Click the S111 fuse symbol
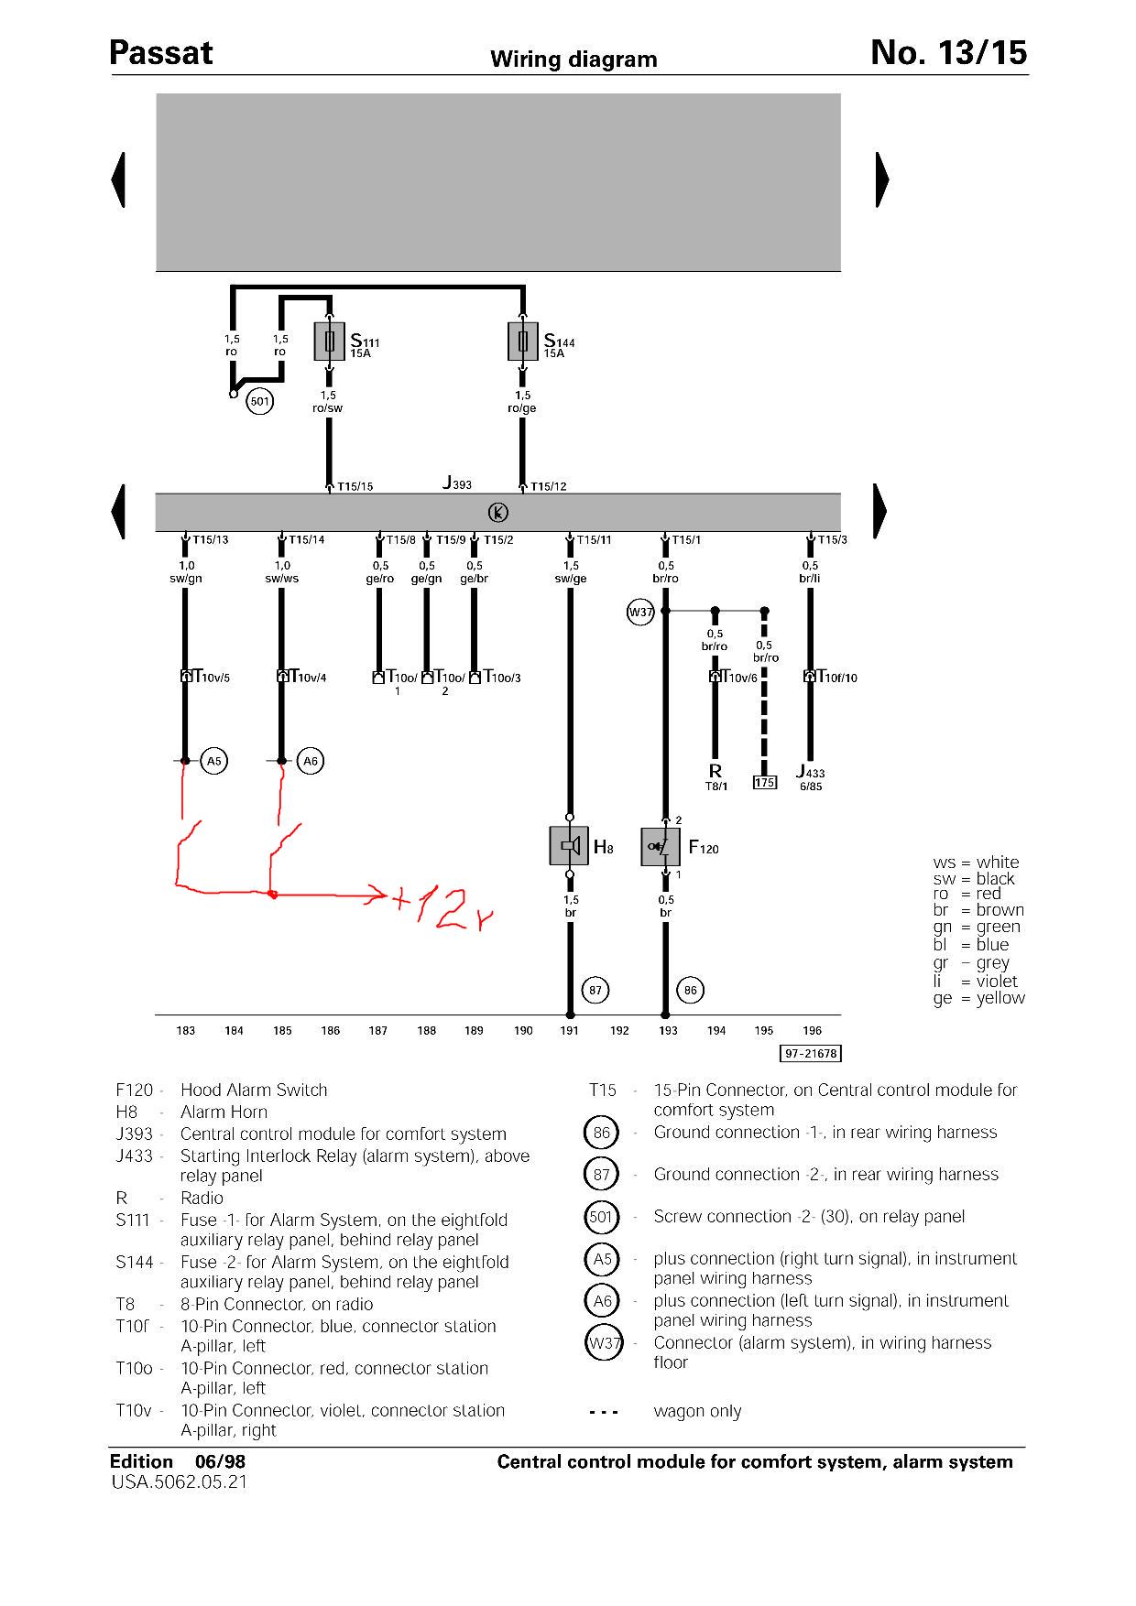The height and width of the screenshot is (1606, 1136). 329,342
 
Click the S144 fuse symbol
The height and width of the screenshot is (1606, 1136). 523,342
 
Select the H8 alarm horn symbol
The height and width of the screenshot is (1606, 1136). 569,846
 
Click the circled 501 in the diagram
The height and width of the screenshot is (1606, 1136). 260,401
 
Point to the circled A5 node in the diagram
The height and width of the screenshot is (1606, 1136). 213,761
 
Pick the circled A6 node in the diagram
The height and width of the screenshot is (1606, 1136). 311,761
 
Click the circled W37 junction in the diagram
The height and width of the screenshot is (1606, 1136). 640,612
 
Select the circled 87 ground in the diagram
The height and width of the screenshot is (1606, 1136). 596,990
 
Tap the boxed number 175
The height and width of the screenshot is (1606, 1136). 764,783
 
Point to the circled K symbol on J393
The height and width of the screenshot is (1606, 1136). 497,512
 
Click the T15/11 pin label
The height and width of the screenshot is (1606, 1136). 595,540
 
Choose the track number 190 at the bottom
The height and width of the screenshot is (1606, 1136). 523,1031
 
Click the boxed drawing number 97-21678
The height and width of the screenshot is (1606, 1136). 811,1054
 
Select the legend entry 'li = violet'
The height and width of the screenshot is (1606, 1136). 976,982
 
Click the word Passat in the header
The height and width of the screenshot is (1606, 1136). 161,53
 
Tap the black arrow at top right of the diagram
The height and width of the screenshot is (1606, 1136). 882,179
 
